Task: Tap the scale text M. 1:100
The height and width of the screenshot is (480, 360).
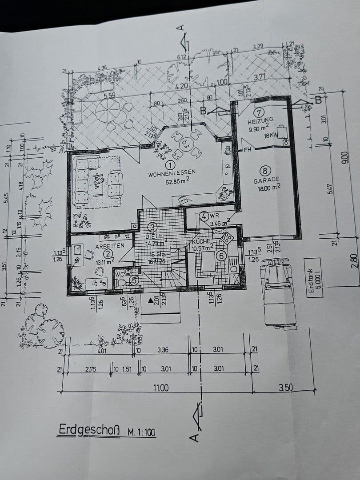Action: [x=141, y=432]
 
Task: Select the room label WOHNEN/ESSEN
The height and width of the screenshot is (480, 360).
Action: [x=172, y=174]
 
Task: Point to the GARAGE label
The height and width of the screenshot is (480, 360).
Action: [x=266, y=180]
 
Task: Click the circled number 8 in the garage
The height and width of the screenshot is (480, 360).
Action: [x=265, y=171]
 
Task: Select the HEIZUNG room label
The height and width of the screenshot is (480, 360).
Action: [x=260, y=120]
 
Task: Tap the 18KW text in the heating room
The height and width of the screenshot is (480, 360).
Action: [x=271, y=136]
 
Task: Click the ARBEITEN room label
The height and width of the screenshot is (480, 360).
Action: [x=107, y=245]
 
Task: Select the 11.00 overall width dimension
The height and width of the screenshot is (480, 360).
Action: [x=160, y=388]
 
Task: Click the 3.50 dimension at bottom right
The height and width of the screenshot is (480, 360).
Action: [x=286, y=388]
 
